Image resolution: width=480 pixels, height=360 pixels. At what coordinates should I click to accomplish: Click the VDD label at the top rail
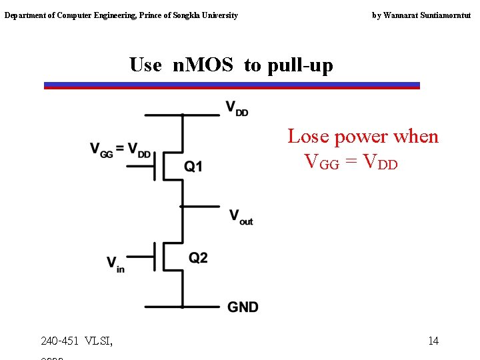(237, 108)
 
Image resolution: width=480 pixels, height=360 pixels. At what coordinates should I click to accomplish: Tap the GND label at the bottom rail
(243, 307)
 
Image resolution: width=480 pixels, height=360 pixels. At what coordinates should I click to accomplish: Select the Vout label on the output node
(241, 217)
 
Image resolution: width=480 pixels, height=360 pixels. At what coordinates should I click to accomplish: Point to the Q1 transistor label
(193, 167)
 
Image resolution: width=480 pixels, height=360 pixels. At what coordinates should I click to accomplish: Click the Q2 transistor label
(198, 258)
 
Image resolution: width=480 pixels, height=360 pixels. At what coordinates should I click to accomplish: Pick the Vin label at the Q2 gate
(115, 263)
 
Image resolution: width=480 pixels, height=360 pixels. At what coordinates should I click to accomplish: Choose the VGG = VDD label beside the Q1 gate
(121, 150)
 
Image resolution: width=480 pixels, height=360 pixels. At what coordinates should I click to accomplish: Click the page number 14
(433, 341)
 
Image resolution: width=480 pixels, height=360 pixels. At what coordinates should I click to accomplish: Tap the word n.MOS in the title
(203, 65)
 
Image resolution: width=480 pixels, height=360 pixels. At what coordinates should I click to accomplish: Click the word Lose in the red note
(308, 137)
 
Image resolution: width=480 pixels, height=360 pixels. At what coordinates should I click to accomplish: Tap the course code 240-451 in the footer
(59, 341)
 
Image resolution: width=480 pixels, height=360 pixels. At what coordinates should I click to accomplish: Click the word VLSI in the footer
(99, 341)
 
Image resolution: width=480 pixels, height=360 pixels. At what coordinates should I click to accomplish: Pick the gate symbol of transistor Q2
(155, 256)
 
